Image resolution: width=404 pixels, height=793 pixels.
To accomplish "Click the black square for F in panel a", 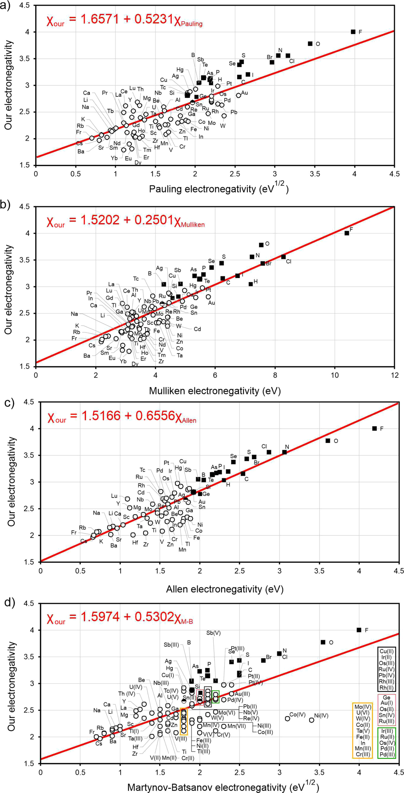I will (353, 32).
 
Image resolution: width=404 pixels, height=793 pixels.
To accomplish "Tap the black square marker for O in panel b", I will (261, 245).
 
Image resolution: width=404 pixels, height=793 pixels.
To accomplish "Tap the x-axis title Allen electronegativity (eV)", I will (225, 589).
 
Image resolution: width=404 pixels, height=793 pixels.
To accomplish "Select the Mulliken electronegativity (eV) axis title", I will (215, 391).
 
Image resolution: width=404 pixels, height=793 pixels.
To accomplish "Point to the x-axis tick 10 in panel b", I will (335, 375).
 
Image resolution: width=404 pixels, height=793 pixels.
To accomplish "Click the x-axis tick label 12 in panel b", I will (394, 375).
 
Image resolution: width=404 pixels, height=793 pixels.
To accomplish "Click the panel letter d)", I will (9, 603).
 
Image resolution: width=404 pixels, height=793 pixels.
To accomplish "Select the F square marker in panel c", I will (374, 428).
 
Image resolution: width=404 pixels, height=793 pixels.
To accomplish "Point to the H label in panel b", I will (256, 281).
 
